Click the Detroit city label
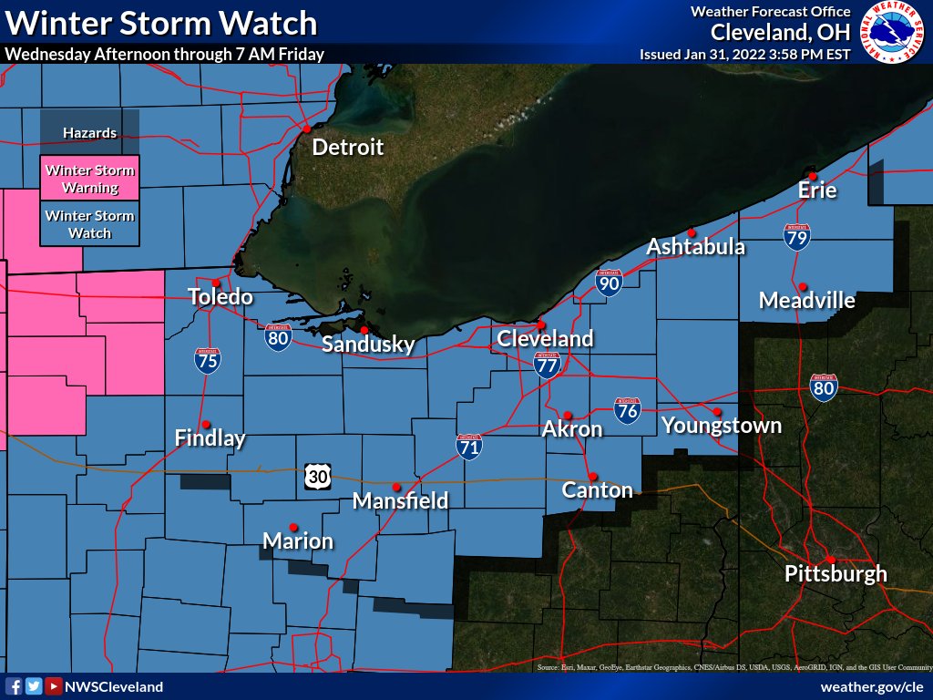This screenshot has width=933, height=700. [x=348, y=148]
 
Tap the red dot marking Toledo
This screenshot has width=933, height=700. [x=216, y=283]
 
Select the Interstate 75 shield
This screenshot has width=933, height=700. [x=207, y=360]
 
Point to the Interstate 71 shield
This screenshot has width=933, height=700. [x=469, y=446]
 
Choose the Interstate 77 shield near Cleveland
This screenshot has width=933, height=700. [x=547, y=365]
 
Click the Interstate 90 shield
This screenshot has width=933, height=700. [x=609, y=283]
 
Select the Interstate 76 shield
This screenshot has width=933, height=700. [x=626, y=409]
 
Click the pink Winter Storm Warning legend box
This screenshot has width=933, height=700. [x=90, y=179]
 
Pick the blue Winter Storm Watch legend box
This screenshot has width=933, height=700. [x=90, y=224]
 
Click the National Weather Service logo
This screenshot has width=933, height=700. [x=890, y=34]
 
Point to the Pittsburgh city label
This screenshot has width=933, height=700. [x=836, y=574]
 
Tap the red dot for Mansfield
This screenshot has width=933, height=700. [x=396, y=487]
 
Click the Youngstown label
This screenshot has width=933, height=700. [x=721, y=426]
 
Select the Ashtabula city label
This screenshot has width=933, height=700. [x=696, y=247]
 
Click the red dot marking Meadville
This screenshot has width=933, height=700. [x=803, y=286]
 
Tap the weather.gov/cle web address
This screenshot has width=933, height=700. [x=872, y=686]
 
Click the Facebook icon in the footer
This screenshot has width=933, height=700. [x=14, y=686]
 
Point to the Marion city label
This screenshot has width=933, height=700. [x=298, y=541]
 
